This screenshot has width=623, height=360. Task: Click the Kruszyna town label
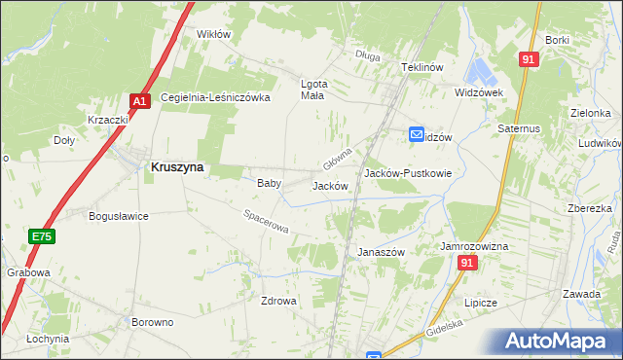click(177, 166)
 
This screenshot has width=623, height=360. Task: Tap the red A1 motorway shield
click(139, 100)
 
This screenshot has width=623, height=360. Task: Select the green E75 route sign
click(40, 236)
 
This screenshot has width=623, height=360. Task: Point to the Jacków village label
click(330, 185)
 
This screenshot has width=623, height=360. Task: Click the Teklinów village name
click(422, 67)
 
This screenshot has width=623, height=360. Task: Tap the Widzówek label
click(478, 92)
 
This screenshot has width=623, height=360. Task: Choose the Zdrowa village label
click(277, 301)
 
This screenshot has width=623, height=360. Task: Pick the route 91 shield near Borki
click(529, 59)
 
